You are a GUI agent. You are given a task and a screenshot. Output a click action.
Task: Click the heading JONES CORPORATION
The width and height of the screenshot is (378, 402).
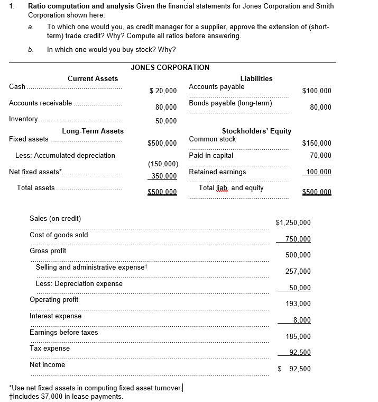[170, 67]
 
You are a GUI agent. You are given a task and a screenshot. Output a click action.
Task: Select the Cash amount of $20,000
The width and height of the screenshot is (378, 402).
[163, 91]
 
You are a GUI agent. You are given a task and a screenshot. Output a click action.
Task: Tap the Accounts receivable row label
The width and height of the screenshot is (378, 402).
[41, 103]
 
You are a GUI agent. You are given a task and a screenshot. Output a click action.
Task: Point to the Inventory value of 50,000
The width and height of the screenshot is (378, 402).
[166, 121]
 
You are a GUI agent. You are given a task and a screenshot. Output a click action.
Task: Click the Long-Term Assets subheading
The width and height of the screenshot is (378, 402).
[93, 131]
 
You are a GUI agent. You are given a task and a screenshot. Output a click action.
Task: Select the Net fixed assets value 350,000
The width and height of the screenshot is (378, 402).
[164, 176]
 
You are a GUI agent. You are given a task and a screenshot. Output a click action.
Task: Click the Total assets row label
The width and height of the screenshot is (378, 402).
[35, 187]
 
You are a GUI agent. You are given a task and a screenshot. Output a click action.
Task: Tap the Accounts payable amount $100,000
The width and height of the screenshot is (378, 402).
[317, 91]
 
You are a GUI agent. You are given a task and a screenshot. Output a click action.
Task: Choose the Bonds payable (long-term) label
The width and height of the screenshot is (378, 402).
[230, 103]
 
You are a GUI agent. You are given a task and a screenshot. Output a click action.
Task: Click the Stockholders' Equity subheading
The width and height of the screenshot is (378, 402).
[256, 131]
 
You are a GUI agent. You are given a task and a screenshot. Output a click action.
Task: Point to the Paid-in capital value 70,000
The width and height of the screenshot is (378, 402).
[321, 155]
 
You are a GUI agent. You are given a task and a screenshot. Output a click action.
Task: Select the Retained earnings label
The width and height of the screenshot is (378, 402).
[217, 172]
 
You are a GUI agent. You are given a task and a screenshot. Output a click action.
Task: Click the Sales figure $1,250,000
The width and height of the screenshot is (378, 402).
[293, 222]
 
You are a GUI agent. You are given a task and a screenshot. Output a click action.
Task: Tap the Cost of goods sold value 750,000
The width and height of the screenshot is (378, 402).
[298, 239]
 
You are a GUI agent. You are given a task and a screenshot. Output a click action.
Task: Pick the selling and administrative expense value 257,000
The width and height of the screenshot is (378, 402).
[298, 271]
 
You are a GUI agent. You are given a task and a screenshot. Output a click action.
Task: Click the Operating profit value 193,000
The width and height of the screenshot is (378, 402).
[298, 303]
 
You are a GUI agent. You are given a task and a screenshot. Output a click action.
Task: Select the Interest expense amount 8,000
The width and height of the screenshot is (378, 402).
[301, 320]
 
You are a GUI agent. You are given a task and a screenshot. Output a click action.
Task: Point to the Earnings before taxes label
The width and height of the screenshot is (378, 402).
[63, 332]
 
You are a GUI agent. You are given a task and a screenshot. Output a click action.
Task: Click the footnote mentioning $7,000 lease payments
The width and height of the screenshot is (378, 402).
[66, 396]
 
